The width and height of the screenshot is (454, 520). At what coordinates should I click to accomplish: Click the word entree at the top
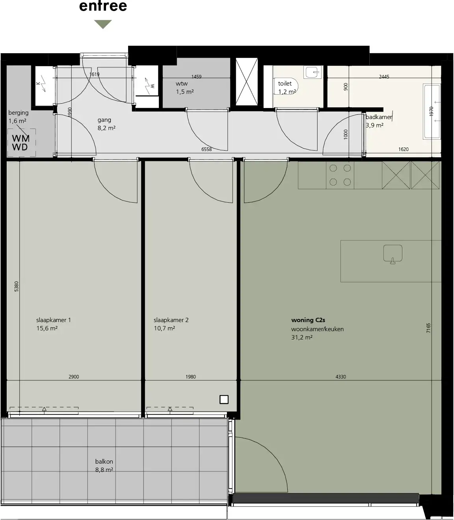[103, 6]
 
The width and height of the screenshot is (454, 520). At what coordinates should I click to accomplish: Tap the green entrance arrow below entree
[103, 24]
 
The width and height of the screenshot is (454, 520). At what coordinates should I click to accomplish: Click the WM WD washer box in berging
[21, 143]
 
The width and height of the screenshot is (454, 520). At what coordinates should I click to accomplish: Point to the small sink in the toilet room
[313, 72]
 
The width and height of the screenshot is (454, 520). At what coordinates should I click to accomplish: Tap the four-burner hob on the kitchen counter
[340, 175]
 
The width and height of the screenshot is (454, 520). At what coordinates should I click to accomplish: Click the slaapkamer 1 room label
[54, 320]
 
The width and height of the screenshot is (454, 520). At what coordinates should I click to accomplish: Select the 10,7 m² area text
[164, 328]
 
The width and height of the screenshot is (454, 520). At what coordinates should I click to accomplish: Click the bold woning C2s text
[308, 320]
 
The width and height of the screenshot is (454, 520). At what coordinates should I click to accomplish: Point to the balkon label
[104, 461]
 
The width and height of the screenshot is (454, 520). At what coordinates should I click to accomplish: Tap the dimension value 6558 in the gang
[207, 149]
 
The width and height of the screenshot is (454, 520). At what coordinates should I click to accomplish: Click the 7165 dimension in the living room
[429, 328]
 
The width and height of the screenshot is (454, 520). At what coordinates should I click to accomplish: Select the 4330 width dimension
[340, 376]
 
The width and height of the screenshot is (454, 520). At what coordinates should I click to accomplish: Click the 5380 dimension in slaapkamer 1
[17, 287]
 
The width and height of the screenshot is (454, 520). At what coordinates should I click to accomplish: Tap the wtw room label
[182, 83]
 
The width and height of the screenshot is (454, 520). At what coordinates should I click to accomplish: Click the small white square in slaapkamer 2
[224, 399]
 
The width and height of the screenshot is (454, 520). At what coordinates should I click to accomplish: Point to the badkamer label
[379, 117]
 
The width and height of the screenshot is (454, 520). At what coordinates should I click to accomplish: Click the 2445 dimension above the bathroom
[384, 76]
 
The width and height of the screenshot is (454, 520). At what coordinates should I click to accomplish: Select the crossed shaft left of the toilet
[246, 82]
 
